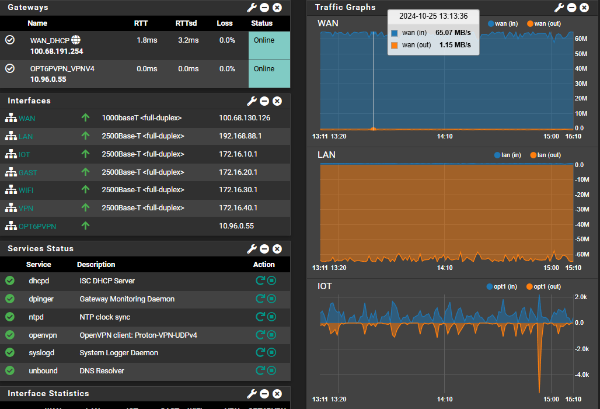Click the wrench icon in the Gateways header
click(252, 8)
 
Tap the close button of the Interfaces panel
click(277, 101)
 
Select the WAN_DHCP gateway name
click(50, 40)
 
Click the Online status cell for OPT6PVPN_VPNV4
click(270, 74)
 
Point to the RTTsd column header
click(186, 23)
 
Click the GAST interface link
click(28, 173)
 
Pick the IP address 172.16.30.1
click(238, 190)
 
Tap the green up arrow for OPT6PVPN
click(85, 226)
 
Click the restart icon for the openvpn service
click(260, 335)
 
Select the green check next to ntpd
click(10, 317)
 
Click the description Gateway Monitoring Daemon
click(127, 299)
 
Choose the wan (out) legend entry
click(544, 24)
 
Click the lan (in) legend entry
click(507, 155)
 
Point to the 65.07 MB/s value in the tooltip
click(453, 33)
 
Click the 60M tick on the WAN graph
click(581, 39)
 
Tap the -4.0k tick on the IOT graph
click(582, 375)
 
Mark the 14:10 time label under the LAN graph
click(445, 268)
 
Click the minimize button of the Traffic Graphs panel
click(571, 8)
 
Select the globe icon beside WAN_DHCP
click(76, 40)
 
